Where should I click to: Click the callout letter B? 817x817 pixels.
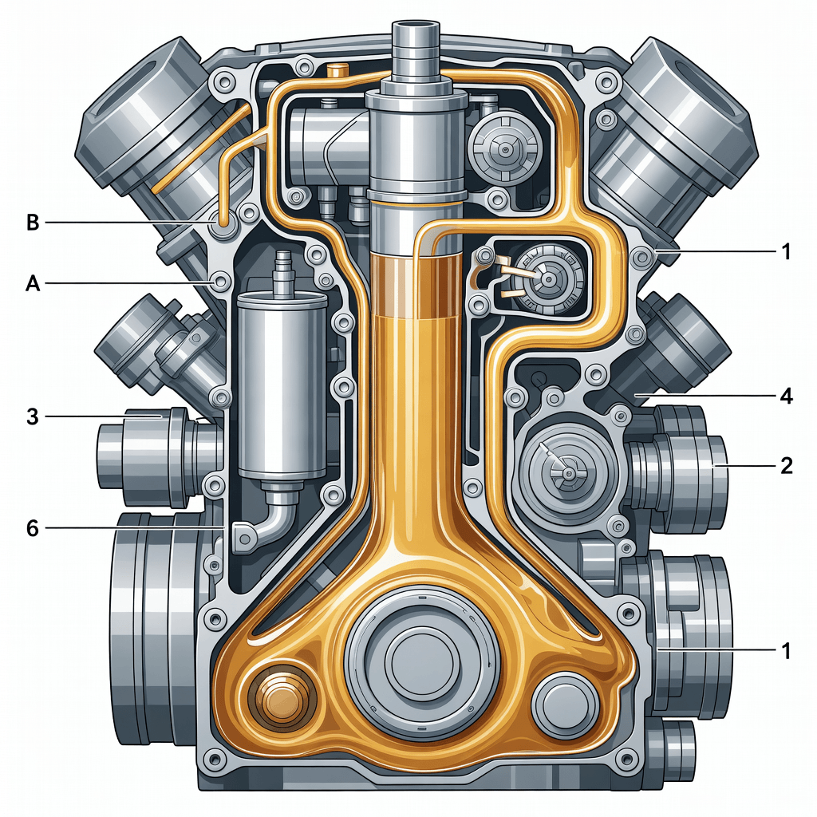click(x=32, y=223)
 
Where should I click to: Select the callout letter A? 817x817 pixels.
click(x=32, y=283)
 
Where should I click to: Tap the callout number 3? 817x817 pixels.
click(x=32, y=416)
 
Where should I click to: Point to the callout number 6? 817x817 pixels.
click(x=32, y=529)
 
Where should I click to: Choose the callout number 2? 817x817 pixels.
click(x=786, y=465)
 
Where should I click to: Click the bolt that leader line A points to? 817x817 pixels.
click(x=220, y=282)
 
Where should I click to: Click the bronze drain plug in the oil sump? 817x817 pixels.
click(x=283, y=697)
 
